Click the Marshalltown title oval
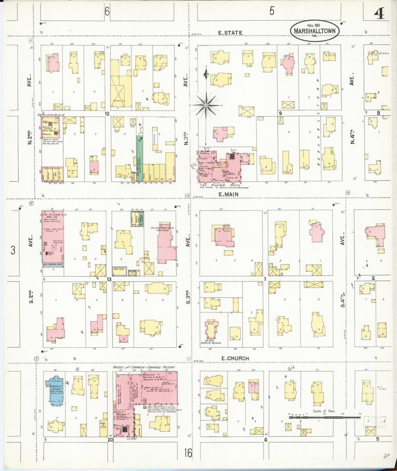click(x=315, y=30)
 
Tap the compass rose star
click(x=206, y=105)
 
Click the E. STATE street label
click(x=230, y=33)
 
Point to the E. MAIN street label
click(x=228, y=194)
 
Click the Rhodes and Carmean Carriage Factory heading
click(x=144, y=367)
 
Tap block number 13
click(x=109, y=279)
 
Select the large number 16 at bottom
click(x=188, y=453)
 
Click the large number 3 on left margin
click(x=13, y=250)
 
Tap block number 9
click(x=280, y=113)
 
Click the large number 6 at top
click(x=107, y=12)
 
